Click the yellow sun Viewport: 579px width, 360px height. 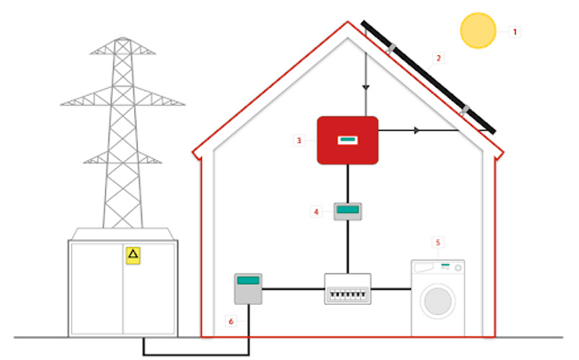tap(478, 30)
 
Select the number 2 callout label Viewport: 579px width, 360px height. tap(438, 59)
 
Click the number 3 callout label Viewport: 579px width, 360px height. tap(300, 140)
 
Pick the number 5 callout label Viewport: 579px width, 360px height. tap(437, 241)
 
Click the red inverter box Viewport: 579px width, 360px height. tap(348, 140)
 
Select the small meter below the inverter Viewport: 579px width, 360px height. tap(348, 212)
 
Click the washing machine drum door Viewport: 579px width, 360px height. tap(437, 300)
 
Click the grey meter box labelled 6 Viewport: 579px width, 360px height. tap(248, 289)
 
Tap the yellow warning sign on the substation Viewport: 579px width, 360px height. tap(133, 256)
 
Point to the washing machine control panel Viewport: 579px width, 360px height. tap(437, 266)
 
